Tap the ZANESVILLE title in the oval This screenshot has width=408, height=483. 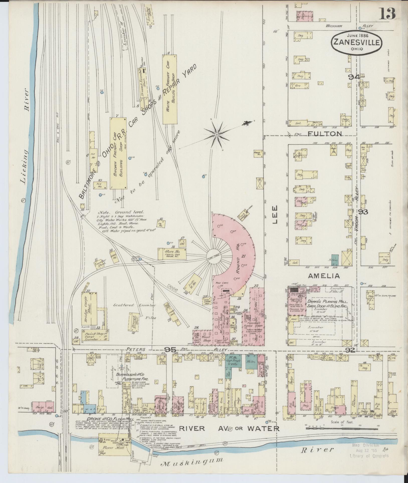(x=357, y=42)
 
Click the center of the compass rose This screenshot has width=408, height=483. (x=217, y=135)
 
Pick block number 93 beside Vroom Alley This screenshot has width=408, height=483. (x=363, y=212)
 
